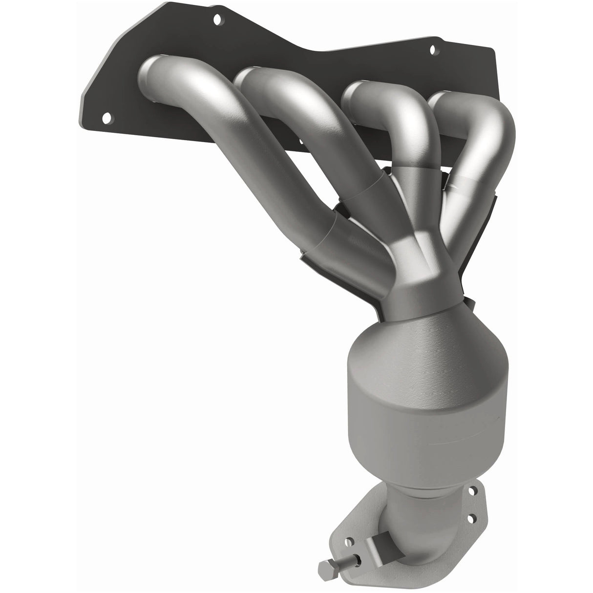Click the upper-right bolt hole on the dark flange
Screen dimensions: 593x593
[432, 49]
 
